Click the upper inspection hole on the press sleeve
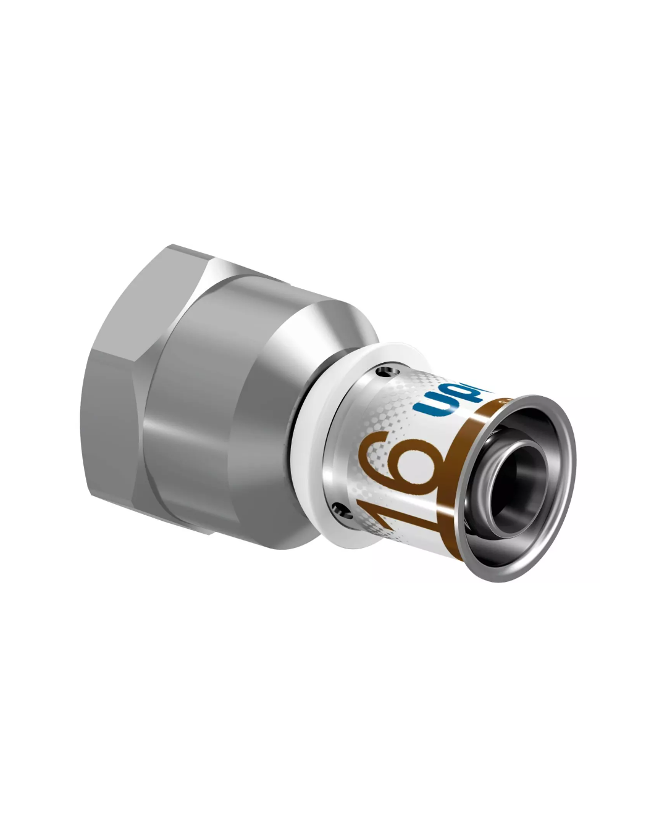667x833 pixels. pos(387,372)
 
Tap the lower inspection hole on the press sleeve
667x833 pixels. pos(336,509)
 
